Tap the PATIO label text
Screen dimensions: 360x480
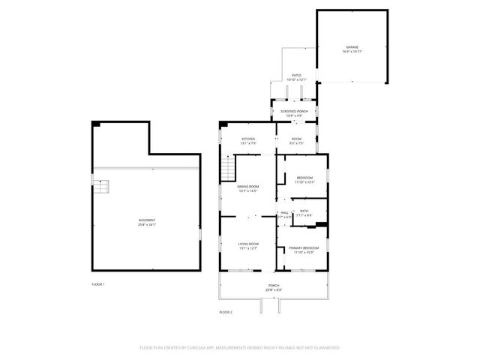tap(297, 76)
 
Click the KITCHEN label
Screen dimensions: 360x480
tap(248, 139)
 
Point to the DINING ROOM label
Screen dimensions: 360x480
tap(248, 187)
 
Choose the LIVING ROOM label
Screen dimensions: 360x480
tap(248, 244)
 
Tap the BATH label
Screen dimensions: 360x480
tap(304, 211)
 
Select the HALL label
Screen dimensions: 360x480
tap(285, 213)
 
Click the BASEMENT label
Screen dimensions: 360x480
tap(147, 220)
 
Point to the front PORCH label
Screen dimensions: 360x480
tap(274, 286)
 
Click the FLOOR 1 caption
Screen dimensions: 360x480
tap(98, 284)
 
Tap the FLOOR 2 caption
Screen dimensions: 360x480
tap(226, 311)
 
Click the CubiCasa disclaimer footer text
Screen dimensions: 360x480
tap(240, 347)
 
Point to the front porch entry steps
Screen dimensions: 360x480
tap(269, 306)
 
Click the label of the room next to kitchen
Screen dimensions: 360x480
tap(296, 139)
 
